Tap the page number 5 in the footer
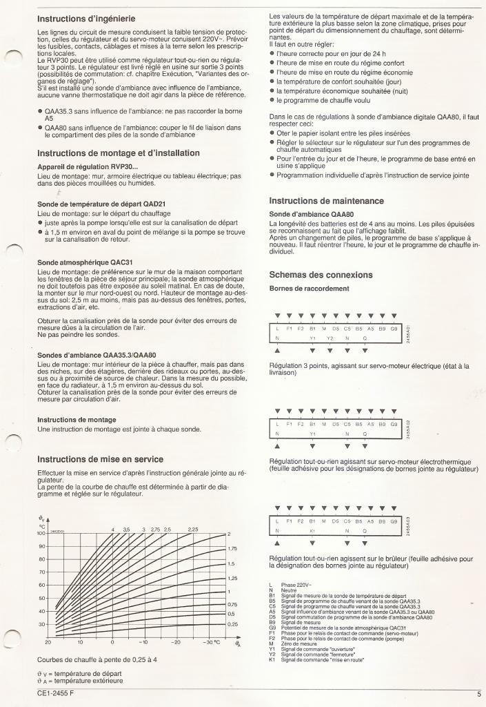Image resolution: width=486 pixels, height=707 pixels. (x=478, y=694)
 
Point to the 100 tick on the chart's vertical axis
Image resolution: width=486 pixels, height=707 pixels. (x=41, y=533)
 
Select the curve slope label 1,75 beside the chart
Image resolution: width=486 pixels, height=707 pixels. (x=232, y=548)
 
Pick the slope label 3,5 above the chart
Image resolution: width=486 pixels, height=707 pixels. (x=126, y=529)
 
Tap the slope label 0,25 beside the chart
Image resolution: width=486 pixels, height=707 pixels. (x=232, y=624)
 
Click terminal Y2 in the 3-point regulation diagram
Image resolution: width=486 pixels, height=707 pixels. (x=330, y=339)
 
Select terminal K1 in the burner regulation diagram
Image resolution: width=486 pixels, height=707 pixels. (x=312, y=531)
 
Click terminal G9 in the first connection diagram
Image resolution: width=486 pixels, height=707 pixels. (x=394, y=329)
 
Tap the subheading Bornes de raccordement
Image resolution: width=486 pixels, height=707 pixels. (x=309, y=288)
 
